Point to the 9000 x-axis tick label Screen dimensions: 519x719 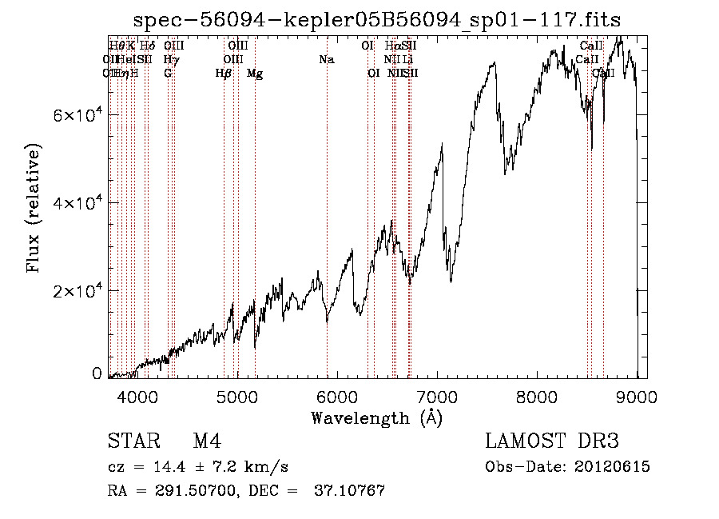click(637, 396)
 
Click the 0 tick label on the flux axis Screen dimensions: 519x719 click(97, 373)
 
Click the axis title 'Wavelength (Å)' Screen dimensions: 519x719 click(375, 417)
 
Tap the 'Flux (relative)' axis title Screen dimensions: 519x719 click(34, 208)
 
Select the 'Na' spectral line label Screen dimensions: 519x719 click(326, 60)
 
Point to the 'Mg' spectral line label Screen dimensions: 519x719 click(255, 74)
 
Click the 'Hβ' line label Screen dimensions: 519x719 click(224, 74)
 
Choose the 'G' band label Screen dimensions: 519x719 click(168, 74)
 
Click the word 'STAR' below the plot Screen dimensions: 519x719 click(132, 441)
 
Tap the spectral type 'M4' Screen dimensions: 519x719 click(207, 441)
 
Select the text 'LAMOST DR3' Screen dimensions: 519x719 click(552, 441)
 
